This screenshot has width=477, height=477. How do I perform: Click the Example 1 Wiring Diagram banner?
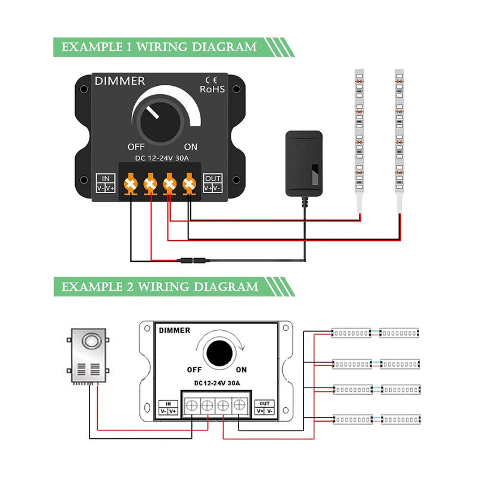(x=158, y=47)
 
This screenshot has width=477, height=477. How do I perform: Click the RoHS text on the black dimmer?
(x=212, y=89)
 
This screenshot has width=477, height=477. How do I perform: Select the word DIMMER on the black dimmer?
(x=119, y=81)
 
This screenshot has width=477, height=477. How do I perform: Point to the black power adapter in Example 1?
(x=303, y=163)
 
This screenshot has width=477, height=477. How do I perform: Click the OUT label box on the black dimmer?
(x=212, y=182)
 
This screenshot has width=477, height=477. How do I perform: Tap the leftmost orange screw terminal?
(x=130, y=182)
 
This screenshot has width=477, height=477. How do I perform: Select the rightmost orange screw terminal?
(x=189, y=182)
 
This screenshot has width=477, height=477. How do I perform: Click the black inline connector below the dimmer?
(x=194, y=261)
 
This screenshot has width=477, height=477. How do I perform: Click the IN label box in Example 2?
(x=168, y=407)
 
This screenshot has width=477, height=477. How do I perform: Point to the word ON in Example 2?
(x=241, y=369)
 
